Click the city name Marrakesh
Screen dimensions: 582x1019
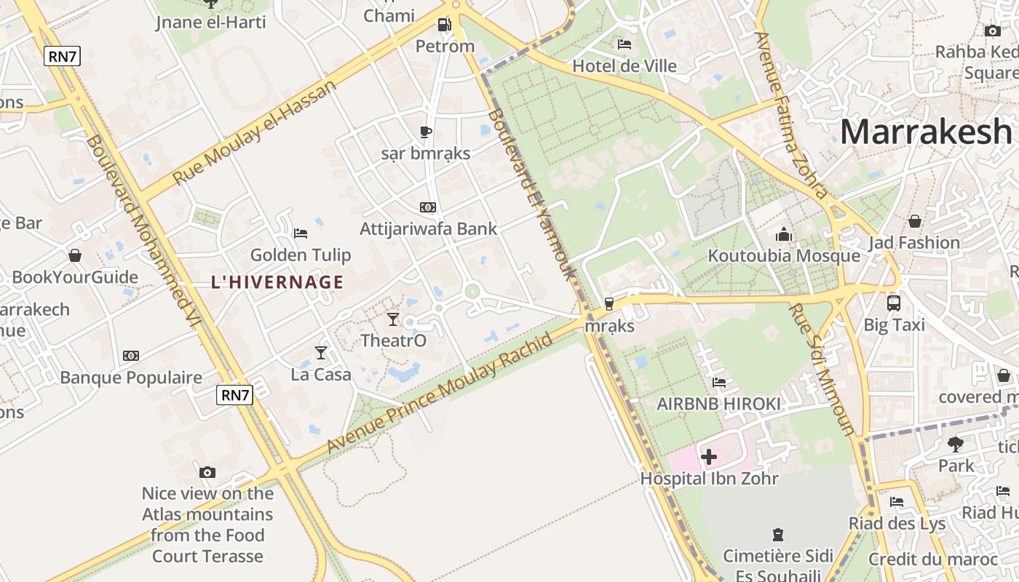tap(926, 132)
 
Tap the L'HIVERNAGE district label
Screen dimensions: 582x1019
tap(277, 282)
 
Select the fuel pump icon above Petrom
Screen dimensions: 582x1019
tap(444, 25)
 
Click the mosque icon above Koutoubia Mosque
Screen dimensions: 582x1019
tap(784, 234)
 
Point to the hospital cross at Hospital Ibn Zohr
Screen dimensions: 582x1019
tap(709, 457)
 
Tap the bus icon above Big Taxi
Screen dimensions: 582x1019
tap(894, 303)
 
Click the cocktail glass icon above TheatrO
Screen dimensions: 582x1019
tap(393, 319)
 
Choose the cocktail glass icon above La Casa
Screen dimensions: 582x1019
tap(321, 353)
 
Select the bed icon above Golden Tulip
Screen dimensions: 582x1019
tap(300, 234)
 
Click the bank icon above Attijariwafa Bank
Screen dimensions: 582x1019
tap(428, 207)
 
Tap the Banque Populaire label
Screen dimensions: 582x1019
tap(131, 378)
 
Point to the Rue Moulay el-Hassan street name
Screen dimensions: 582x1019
tap(255, 132)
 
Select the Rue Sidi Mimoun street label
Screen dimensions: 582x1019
tap(823, 369)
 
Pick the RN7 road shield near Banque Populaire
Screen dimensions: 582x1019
tap(235, 395)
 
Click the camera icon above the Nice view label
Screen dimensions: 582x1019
tap(207, 472)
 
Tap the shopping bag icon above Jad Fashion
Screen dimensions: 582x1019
tap(914, 221)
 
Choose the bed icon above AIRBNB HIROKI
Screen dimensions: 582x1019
tap(719, 382)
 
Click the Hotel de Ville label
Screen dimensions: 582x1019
tap(625, 66)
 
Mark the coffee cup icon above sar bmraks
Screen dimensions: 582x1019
tap(426, 132)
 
